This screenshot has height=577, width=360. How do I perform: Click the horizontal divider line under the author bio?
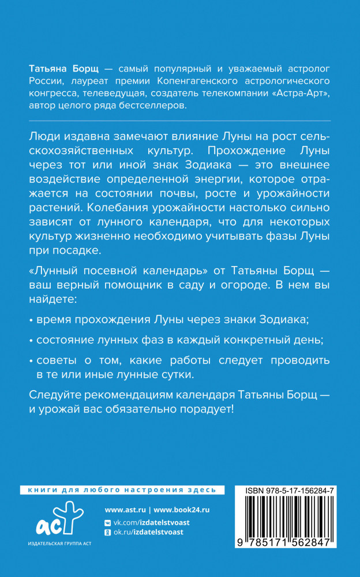tap(179, 121)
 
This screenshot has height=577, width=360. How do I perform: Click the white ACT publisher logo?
tap(55, 519)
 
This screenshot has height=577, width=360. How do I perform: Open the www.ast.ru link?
tap(125, 510)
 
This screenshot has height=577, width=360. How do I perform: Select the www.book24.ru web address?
tap(182, 510)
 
